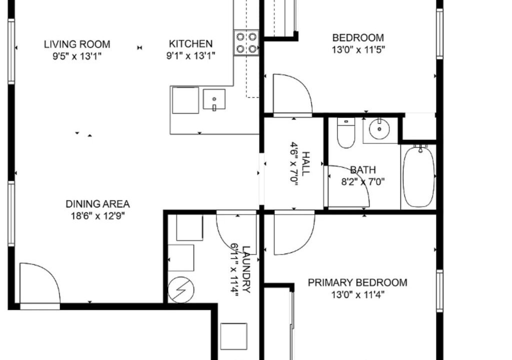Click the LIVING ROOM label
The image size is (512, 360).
click(x=77, y=44)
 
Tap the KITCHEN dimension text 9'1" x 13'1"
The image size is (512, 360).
click(x=190, y=56)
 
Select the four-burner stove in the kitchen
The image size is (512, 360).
click(x=246, y=42)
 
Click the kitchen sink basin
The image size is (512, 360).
click(x=214, y=99)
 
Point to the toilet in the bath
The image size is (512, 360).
click(x=346, y=133)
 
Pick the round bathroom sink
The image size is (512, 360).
click(x=379, y=129)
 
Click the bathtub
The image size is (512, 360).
click(x=418, y=176)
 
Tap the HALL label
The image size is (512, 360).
click(x=305, y=163)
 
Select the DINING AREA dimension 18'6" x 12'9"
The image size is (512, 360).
click(x=98, y=216)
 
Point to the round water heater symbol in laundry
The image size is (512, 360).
click(x=181, y=290)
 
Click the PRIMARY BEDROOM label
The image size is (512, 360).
click(x=357, y=282)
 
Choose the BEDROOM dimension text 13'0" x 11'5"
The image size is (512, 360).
click(x=358, y=50)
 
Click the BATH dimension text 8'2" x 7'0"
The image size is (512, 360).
click(x=363, y=181)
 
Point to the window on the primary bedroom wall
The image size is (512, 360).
click(x=440, y=290)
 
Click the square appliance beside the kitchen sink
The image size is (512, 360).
click(x=185, y=100)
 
